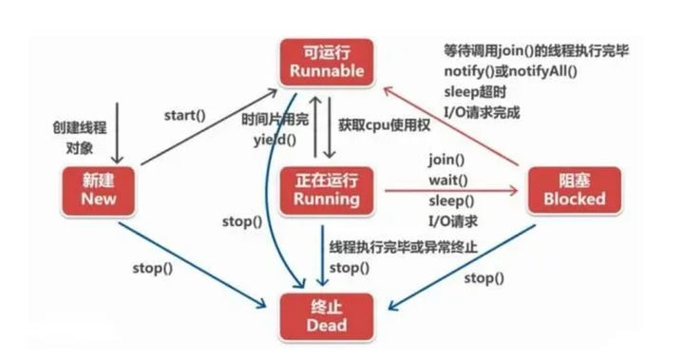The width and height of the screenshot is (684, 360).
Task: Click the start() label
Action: [x=185, y=116]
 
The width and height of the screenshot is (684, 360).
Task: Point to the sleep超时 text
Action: [x=473, y=93]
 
